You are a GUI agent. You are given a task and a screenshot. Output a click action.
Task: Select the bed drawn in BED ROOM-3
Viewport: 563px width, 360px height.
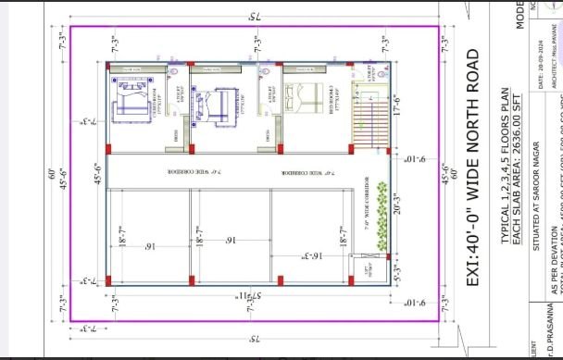[301, 98]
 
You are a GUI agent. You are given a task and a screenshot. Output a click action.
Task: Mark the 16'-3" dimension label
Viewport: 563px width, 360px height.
[288, 257]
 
